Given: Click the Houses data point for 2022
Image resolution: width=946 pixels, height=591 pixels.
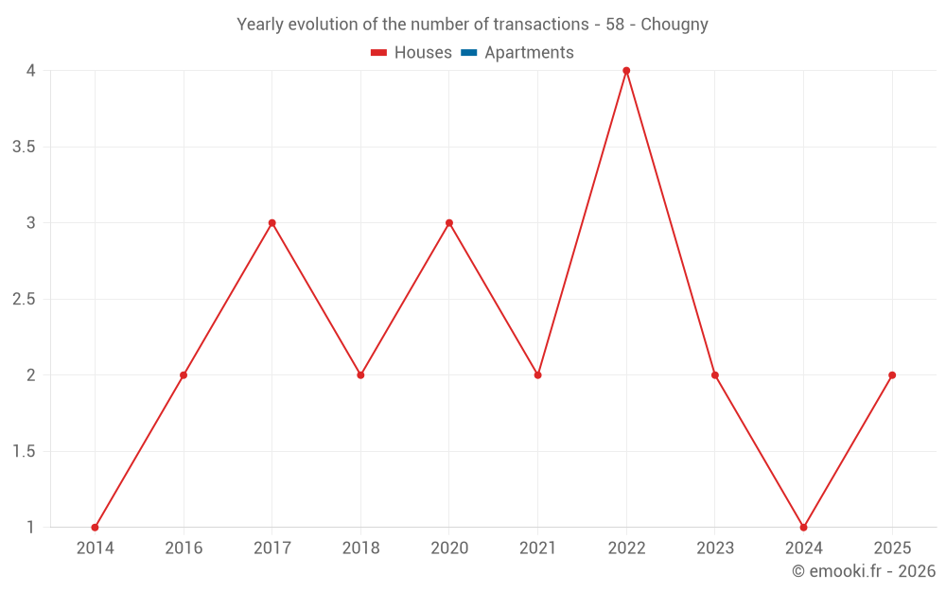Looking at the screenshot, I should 626,71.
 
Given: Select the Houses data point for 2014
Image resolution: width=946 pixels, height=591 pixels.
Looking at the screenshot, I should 95,528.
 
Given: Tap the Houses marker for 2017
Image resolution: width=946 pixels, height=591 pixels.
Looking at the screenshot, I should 272,223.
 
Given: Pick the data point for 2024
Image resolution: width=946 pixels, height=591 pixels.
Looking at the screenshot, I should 803,528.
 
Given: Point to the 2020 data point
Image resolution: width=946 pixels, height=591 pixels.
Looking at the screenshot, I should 449,223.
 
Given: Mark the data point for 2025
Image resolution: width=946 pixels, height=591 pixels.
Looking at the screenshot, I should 892,375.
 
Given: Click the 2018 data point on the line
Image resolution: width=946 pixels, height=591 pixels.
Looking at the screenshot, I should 360,375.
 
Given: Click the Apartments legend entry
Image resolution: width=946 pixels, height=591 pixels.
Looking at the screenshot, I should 529,53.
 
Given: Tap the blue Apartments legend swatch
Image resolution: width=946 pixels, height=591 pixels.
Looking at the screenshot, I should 468,53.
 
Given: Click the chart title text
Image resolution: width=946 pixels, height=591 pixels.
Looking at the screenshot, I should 472,25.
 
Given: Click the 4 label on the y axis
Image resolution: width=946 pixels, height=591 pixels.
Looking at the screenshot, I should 30,71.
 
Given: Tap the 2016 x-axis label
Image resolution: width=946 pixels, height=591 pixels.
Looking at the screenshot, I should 184,548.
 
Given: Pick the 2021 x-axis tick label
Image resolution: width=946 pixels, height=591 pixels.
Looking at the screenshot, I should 537,548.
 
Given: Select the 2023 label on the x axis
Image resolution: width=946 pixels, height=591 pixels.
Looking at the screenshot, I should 715,548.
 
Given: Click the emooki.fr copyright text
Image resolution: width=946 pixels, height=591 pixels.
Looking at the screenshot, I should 863,571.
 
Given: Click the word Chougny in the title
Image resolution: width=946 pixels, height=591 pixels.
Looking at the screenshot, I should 674,25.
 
